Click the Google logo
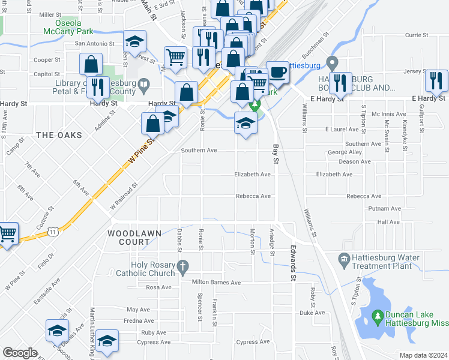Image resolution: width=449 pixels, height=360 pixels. click(20, 352)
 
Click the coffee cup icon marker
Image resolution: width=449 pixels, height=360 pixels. click(277, 73)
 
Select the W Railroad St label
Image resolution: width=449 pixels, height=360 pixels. click(124, 197)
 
